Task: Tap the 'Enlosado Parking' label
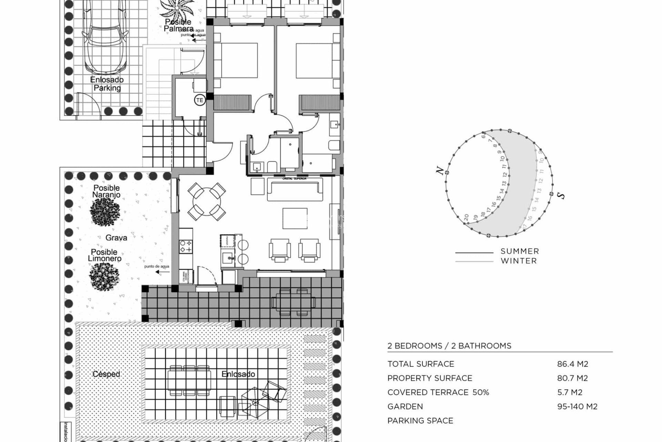tap(107, 84)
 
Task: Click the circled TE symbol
tap(200, 100)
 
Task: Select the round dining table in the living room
tap(207, 201)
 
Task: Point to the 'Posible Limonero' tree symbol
tap(104, 277)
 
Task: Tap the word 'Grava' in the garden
tap(116, 238)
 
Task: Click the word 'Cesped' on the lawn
tap(106, 374)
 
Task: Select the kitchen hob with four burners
tap(186, 246)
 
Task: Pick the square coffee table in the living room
tap(295, 218)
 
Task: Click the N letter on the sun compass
tap(440, 170)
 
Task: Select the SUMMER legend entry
tap(519, 251)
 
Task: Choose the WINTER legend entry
tap(519, 261)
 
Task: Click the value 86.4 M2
tap(572, 364)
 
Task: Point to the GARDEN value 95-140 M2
tap(577, 406)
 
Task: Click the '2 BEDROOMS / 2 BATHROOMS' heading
tap(449, 346)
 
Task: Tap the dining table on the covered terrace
tap(293, 302)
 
